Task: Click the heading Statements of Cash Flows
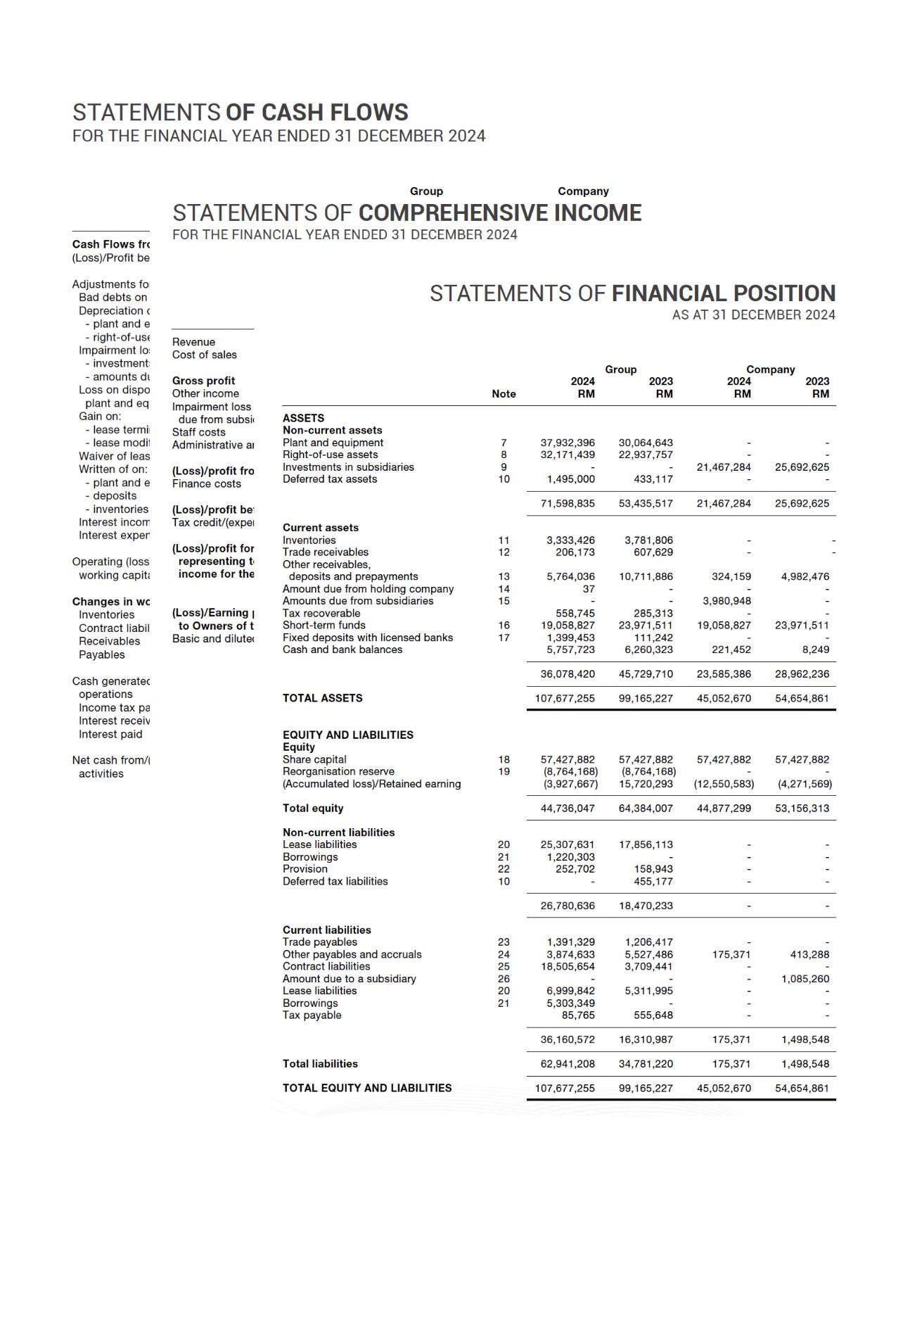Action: (x=240, y=113)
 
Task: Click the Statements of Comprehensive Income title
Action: (x=406, y=213)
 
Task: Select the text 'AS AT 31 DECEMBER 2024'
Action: (x=753, y=315)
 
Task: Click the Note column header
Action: (x=504, y=394)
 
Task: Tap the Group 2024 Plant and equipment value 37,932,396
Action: (x=567, y=443)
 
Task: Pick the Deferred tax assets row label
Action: (x=329, y=479)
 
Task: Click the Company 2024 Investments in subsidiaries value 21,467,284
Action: (x=723, y=467)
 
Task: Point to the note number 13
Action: (x=504, y=576)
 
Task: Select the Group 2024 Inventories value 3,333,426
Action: (x=570, y=540)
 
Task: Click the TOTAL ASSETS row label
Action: (x=322, y=698)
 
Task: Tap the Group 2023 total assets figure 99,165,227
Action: (x=645, y=699)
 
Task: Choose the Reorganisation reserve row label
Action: (x=338, y=771)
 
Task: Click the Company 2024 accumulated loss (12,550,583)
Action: (x=723, y=784)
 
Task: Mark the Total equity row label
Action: (x=313, y=809)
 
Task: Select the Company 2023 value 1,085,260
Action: (x=805, y=979)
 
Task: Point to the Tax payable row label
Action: (x=312, y=1015)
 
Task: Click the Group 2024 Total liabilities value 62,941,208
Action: (x=567, y=1064)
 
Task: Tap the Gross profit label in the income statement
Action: (x=203, y=381)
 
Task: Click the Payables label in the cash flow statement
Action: (x=101, y=654)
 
